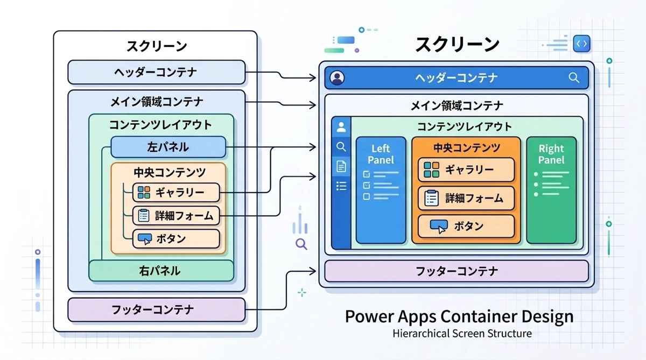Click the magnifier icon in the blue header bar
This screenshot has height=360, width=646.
click(x=573, y=77)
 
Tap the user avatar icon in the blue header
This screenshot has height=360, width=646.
click(x=338, y=78)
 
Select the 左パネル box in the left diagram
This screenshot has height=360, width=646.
click(x=168, y=146)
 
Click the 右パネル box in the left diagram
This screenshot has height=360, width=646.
click(x=161, y=271)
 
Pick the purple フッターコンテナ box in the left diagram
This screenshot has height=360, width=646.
click(x=156, y=309)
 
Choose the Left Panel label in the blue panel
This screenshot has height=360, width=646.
click(x=381, y=154)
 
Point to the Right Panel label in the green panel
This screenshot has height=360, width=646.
click(x=551, y=154)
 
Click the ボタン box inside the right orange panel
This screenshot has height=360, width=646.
click(x=466, y=226)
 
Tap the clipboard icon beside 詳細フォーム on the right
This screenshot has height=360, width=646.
click(x=431, y=198)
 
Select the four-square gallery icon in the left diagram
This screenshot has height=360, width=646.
click(x=144, y=193)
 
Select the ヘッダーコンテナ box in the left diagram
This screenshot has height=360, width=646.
click(x=156, y=72)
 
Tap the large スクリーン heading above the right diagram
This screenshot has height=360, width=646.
click(x=457, y=45)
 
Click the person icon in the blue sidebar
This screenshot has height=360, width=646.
click(x=341, y=128)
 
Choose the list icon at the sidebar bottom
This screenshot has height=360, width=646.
click(x=341, y=186)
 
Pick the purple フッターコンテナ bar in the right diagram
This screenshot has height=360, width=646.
click(x=456, y=271)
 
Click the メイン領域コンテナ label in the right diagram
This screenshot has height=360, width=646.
click(x=456, y=105)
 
